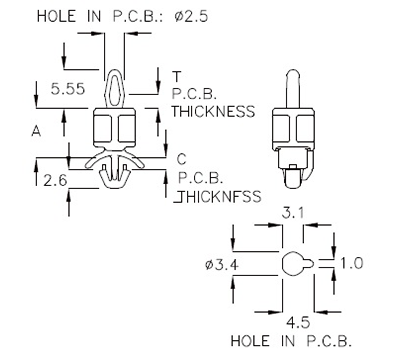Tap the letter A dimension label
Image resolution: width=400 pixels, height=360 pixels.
(x=36, y=130)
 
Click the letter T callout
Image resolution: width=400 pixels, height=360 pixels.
(x=177, y=77)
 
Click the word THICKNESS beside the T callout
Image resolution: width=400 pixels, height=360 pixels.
(x=214, y=112)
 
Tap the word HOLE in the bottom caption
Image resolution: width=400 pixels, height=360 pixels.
(x=251, y=340)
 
